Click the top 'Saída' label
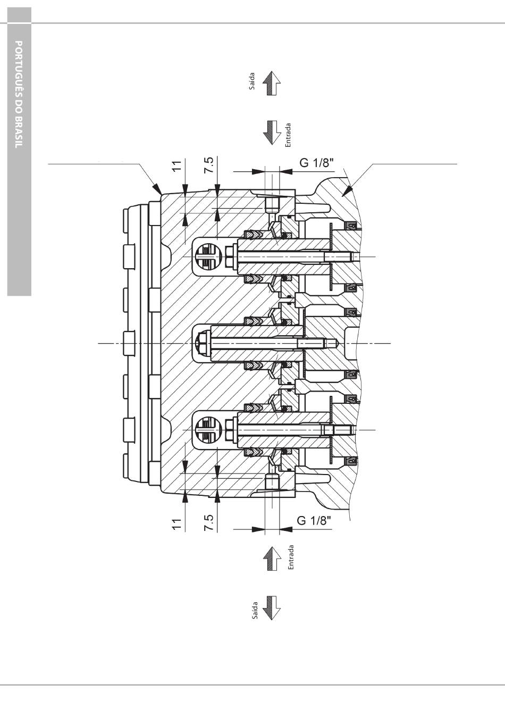point(252,81)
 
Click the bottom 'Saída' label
point(255,610)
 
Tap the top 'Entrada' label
point(288,135)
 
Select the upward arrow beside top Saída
point(272,84)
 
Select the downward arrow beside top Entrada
point(272,133)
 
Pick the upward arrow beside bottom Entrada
point(272,559)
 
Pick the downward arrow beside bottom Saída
point(272,608)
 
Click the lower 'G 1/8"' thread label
point(314,521)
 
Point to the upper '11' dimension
point(176,166)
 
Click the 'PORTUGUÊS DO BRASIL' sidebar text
point(19,94)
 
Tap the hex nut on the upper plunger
point(230,257)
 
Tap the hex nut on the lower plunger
point(230,430)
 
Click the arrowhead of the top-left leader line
point(158,189)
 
